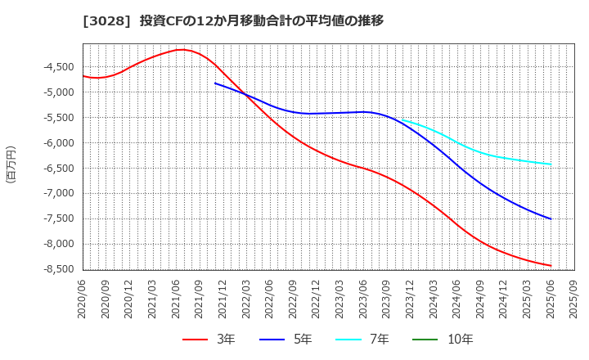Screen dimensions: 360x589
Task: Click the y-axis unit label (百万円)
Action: [11, 164]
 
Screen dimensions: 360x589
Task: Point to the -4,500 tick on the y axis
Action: [57, 67]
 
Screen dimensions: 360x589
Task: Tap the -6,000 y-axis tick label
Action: [57, 143]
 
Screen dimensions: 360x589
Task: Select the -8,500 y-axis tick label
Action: [57, 269]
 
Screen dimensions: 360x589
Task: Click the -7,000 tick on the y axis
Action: [57, 194]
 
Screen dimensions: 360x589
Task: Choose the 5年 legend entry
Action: [286, 340]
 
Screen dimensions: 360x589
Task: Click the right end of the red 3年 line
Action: [551, 266]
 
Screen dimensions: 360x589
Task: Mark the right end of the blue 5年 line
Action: [551, 219]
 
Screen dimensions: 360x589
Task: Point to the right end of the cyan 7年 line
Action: [551, 164]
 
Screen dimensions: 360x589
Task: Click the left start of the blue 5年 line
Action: [215, 83]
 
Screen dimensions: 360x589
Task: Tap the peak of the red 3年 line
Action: [181, 49]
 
